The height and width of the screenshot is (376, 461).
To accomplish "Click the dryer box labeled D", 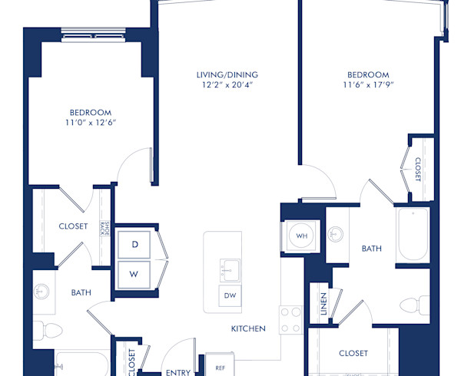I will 134,245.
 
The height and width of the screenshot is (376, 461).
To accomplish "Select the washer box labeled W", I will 134,273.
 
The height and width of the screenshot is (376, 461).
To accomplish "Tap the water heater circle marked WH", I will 301,235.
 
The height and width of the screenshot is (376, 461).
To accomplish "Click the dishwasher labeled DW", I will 230,295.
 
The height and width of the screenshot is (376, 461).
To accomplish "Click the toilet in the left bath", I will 51,331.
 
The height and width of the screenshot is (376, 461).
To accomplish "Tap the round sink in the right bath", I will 335,233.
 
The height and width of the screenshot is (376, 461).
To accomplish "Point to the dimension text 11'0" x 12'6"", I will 91,122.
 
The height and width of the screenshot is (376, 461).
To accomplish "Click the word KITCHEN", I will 248,328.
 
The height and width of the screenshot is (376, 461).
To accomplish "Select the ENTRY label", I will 178,372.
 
